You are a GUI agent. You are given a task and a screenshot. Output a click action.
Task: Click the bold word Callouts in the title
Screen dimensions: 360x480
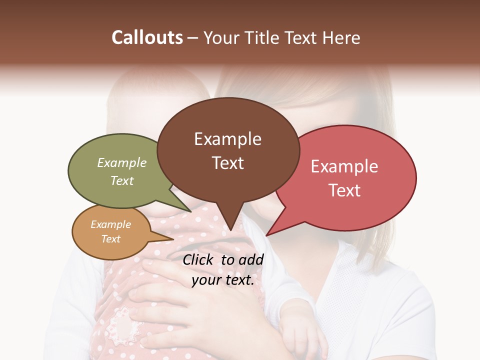click(147, 37)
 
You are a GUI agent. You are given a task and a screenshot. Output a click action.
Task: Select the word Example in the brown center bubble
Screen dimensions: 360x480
click(227, 139)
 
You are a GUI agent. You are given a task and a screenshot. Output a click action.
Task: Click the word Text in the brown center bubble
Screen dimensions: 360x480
click(227, 163)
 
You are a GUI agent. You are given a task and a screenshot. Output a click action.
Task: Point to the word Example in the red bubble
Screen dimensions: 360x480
click(344, 166)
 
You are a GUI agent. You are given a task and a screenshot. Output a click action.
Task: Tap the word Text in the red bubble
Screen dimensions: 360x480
click(344, 190)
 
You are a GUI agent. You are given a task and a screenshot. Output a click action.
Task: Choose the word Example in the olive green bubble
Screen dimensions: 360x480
click(122, 163)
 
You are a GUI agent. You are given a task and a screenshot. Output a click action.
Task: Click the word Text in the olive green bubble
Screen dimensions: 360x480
click(122, 181)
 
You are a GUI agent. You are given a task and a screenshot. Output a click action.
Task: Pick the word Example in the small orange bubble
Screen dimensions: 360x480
click(110, 224)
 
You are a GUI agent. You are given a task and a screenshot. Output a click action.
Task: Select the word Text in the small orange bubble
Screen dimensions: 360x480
click(110, 239)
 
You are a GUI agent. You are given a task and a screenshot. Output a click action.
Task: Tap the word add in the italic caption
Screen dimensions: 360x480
click(251, 259)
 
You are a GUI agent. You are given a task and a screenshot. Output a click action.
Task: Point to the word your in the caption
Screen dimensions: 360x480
click(206, 280)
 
